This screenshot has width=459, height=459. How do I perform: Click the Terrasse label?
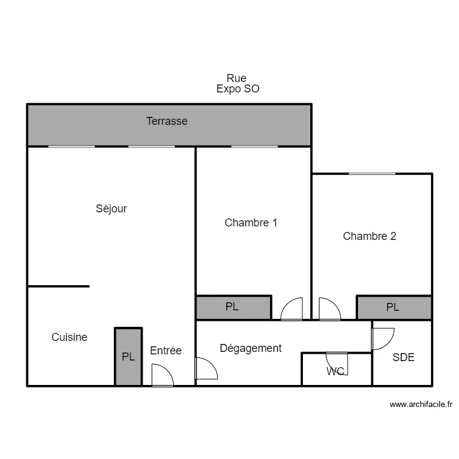tap(167, 121)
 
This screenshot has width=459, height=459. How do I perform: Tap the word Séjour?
tap(111, 209)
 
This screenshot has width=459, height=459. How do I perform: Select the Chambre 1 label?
tap(251, 223)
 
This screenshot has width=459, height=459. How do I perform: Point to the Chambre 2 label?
tap(370, 236)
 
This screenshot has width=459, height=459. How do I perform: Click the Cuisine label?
tap(69, 337)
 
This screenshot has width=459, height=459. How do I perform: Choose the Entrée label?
tap(166, 351)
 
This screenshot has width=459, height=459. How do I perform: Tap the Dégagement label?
tap(250, 348)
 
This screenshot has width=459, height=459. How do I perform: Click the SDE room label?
tap(403, 357)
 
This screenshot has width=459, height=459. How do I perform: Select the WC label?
tap(335, 371)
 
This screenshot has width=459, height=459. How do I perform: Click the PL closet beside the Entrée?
tap(129, 357)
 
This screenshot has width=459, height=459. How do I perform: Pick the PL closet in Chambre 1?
tap(234, 307)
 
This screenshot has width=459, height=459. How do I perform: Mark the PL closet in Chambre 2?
tap(394, 307)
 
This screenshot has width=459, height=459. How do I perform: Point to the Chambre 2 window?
tap(372, 174)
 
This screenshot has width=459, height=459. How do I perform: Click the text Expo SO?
tap(237, 89)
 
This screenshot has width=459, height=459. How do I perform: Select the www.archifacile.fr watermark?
tap(421, 405)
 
